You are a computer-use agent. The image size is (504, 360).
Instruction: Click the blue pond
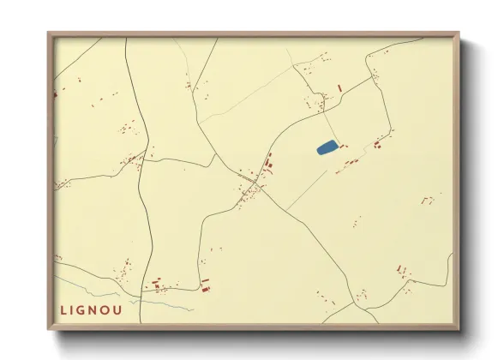pyautogui.click(x=327, y=147)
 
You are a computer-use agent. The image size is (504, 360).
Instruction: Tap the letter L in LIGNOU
pyautogui.click(x=63, y=309)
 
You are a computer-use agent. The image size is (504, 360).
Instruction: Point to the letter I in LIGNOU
pyautogui.click(x=75, y=309)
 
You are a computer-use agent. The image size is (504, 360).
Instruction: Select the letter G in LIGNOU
pyautogui.click(x=87, y=309)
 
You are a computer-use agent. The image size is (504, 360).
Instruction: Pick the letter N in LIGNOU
pyautogui.click(x=101, y=309)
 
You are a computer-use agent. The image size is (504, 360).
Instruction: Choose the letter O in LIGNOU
pyautogui.click(x=116, y=309)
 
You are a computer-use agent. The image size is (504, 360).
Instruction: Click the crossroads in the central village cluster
pyautogui.click(x=255, y=186)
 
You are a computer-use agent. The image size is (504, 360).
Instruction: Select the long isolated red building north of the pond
pyautogui.click(x=339, y=87)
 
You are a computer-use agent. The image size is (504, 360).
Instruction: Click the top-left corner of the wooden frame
pyautogui.click(x=49, y=33)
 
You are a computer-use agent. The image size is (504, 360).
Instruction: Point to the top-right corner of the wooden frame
pyautogui.click(x=459, y=33)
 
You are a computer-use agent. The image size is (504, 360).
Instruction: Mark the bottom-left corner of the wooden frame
pyautogui.click(x=49, y=331)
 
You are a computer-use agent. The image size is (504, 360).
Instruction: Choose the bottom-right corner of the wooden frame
pyautogui.click(x=459, y=331)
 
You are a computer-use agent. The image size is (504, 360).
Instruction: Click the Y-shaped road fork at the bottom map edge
pyautogui.click(x=353, y=303)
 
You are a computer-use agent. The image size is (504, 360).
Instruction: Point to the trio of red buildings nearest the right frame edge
pyautogui.click(x=426, y=200)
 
